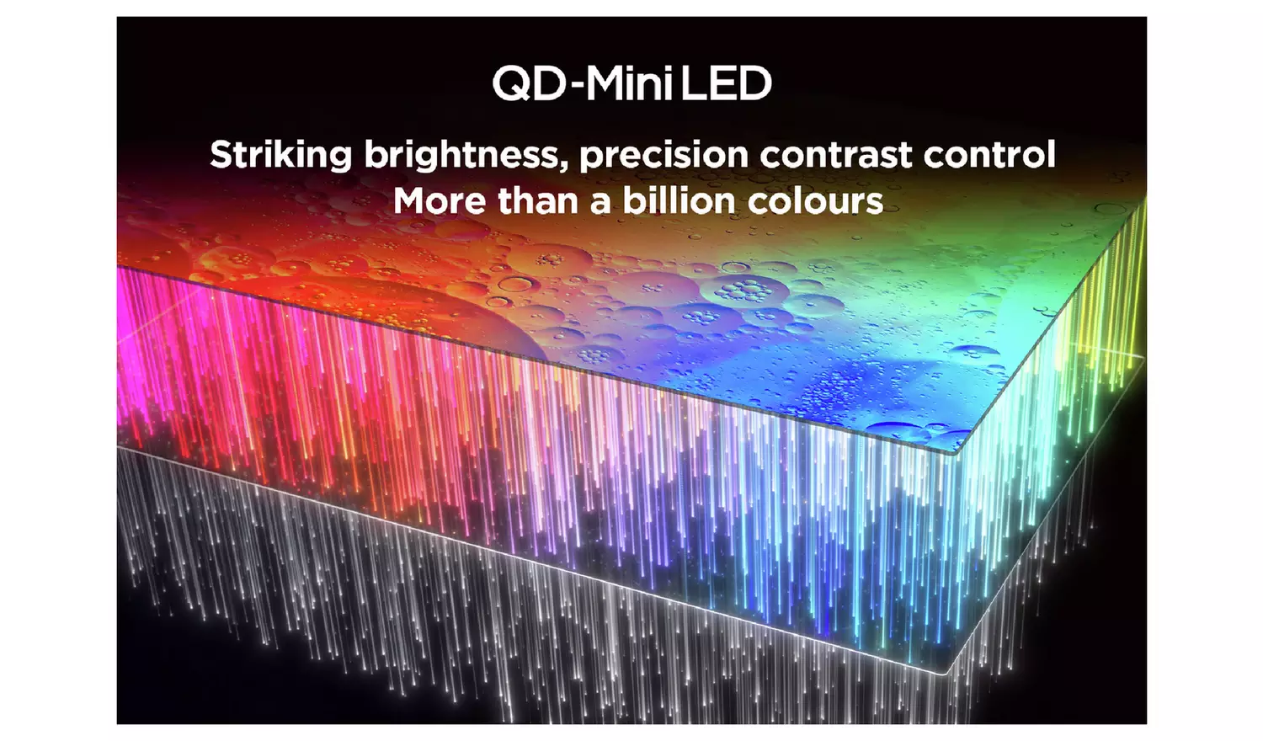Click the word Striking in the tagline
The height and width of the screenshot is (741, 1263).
pos(280,155)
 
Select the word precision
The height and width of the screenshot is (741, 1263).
pos(663,155)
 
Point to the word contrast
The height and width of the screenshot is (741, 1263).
pos(835,153)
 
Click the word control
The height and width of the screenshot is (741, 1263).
pos(989,153)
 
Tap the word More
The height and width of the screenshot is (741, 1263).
pos(440,200)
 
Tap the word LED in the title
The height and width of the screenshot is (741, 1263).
pos(726,83)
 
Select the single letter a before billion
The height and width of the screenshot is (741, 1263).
pos(600,204)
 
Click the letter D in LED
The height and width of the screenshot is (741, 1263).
pos(754,83)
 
